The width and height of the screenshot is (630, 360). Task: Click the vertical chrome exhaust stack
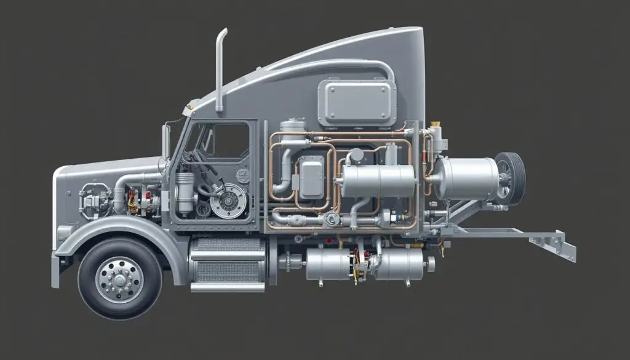pos(220,71)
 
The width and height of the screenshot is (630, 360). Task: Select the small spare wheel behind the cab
pos(509,178)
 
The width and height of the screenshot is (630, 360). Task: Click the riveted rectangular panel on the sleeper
pos(357,103)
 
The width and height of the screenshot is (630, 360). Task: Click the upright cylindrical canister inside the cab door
pos(185,194)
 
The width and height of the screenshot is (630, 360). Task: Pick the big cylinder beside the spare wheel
pos(466,179)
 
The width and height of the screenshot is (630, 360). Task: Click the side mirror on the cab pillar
pos(165,142)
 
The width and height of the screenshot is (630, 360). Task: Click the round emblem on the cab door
pos(242,176)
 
